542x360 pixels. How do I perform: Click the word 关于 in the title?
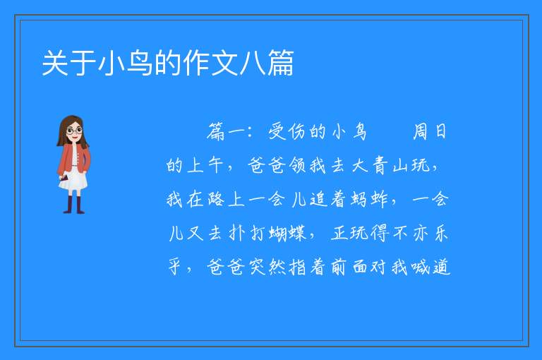point(68,63)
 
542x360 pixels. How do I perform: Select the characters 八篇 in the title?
point(267,63)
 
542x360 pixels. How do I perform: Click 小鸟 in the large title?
point(125,63)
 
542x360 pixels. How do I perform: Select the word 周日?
point(430,132)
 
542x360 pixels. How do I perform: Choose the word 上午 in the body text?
point(205,165)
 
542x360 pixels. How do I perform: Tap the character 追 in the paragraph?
point(319,199)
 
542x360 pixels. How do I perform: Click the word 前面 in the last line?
point(349,267)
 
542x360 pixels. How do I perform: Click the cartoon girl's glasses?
point(74,131)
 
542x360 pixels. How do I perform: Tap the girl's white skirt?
point(73,180)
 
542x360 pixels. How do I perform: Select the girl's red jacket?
point(73,159)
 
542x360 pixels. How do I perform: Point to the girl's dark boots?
point(74,205)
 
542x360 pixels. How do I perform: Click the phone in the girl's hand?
point(64,178)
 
